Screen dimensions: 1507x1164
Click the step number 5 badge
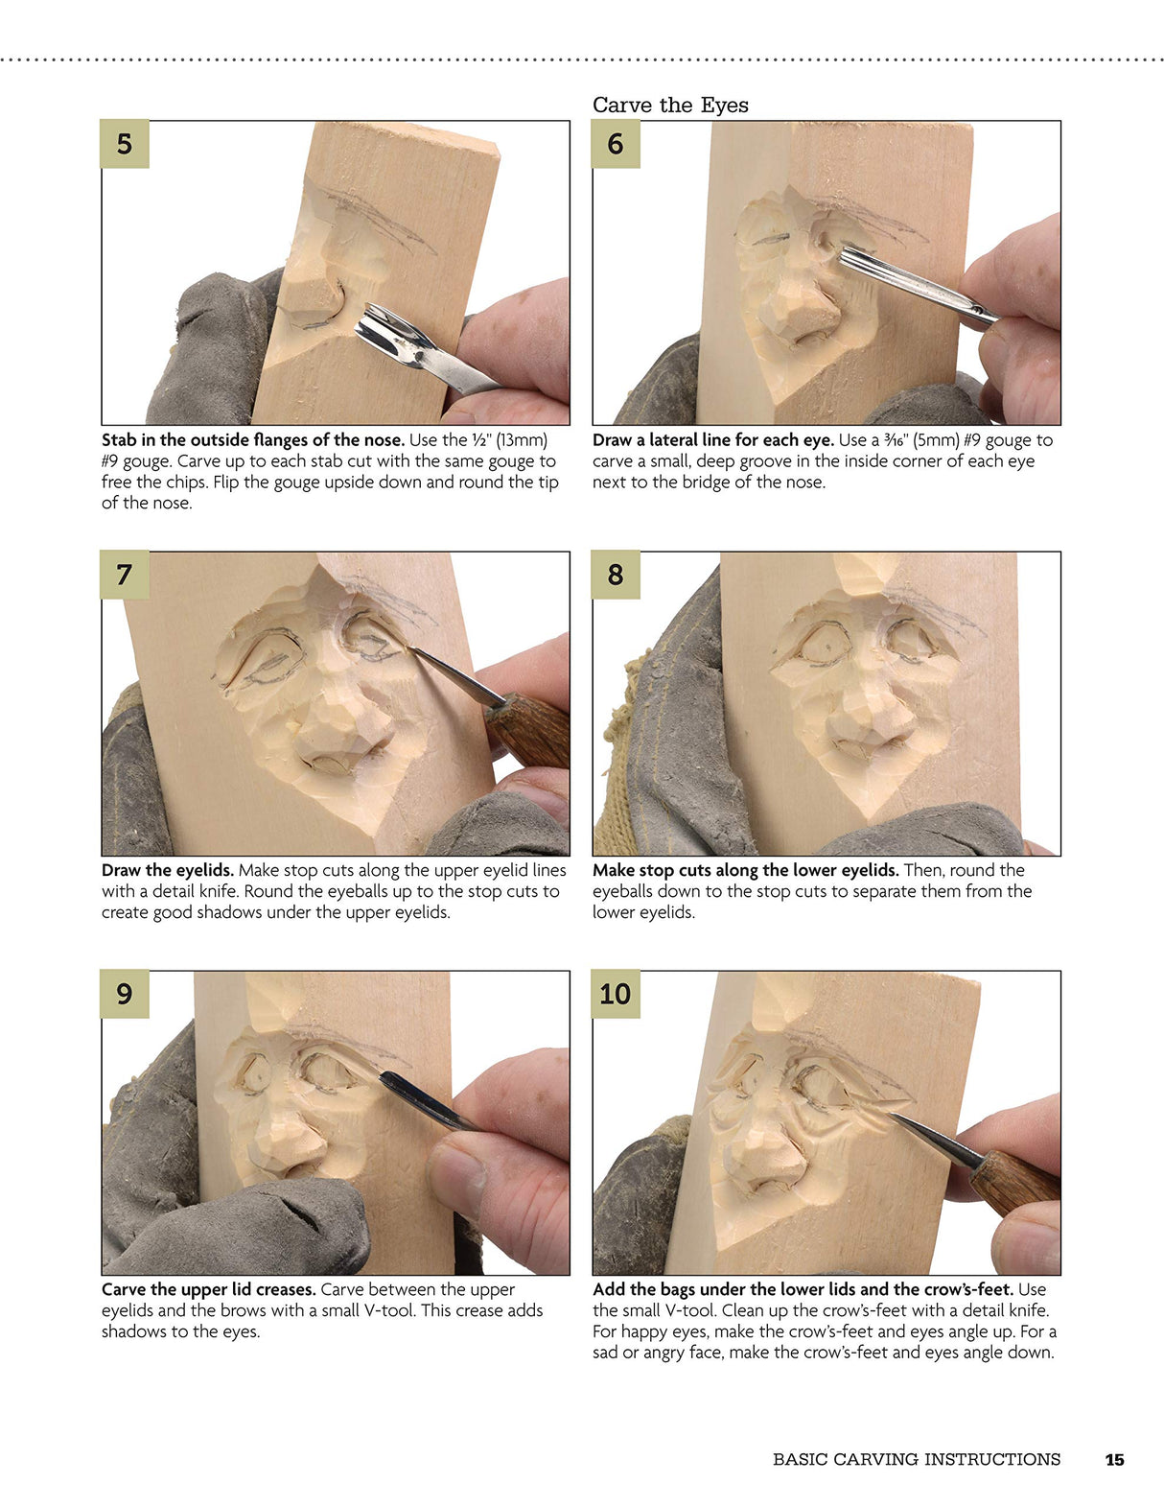(125, 144)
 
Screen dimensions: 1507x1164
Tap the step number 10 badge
(615, 994)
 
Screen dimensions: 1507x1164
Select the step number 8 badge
(615, 575)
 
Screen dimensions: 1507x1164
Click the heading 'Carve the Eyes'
(669, 105)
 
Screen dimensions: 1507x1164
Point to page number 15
(1113, 1459)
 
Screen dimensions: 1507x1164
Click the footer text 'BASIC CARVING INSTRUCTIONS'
(916, 1459)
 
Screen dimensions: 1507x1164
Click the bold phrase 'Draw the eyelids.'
(167, 870)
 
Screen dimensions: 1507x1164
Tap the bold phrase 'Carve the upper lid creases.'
(208, 1289)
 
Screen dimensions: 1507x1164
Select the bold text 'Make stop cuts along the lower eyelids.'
(745, 870)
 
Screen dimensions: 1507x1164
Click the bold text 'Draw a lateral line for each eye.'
(712, 440)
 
